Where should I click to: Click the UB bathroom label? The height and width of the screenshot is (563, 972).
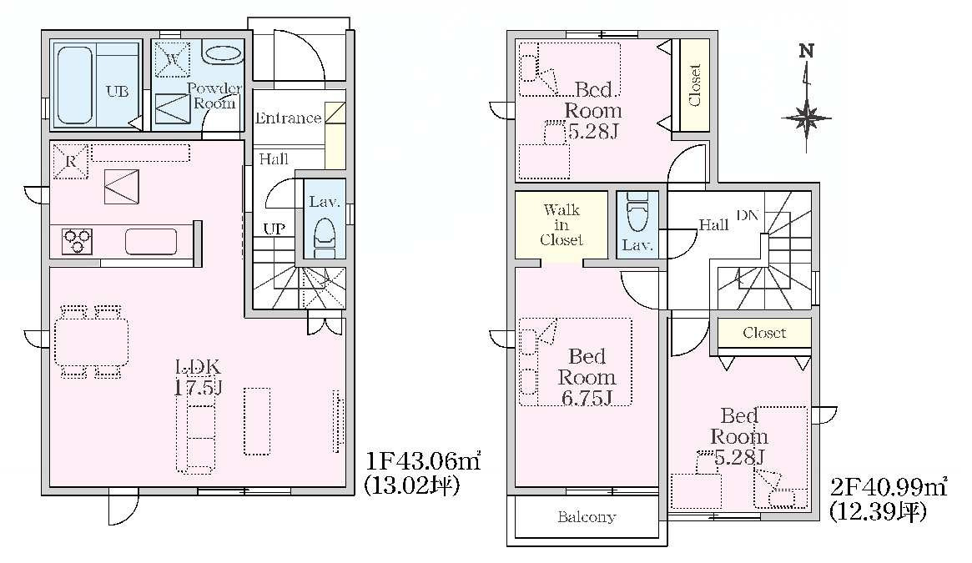pos(117,92)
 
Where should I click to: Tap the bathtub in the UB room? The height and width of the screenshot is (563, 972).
pos(75,85)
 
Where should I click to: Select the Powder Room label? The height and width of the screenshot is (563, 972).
pos(214,95)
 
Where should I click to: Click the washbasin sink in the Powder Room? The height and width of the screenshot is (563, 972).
pos(224,53)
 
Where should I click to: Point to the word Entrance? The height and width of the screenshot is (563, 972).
pos(288,118)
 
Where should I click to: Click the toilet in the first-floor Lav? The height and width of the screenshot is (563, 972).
pos(325,237)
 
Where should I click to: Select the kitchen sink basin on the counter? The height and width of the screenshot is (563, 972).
pos(151,241)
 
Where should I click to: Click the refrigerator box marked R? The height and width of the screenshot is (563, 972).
pos(71,161)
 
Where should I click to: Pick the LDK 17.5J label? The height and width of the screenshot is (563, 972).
pos(198,377)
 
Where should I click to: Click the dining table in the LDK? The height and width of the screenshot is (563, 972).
pos(91,342)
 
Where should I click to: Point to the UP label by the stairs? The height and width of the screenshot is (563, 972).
pos(274,229)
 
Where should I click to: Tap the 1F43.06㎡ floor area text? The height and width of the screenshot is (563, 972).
pos(423,461)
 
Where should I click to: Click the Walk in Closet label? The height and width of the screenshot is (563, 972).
pos(562,224)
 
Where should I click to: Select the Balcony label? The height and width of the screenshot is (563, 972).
pos(587,516)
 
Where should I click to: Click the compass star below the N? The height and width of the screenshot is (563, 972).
pos(807,118)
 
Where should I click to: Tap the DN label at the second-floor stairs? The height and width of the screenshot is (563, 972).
pos(748,215)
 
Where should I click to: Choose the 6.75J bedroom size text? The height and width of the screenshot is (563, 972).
pos(587,398)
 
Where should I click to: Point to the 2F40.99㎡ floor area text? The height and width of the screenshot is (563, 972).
pos(889,487)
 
